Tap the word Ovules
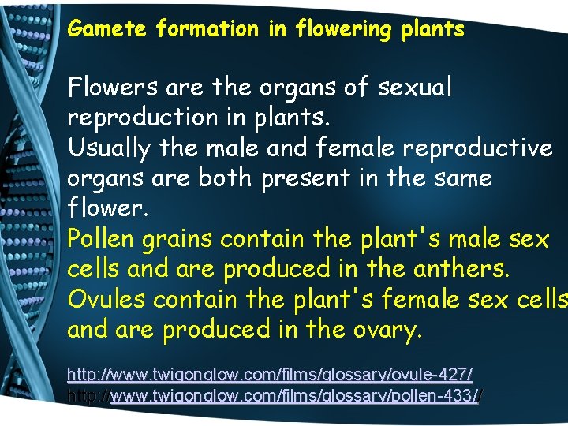tap(107, 299)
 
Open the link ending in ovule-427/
tap(270, 372)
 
